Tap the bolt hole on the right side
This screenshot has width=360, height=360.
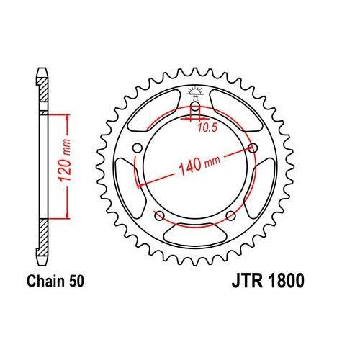click(x=253, y=148)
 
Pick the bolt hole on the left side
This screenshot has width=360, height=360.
click(x=135, y=149)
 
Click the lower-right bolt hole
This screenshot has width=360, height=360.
click(x=230, y=215)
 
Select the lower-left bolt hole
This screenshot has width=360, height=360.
click(x=158, y=216)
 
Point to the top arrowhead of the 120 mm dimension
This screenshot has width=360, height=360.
click(x=68, y=116)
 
